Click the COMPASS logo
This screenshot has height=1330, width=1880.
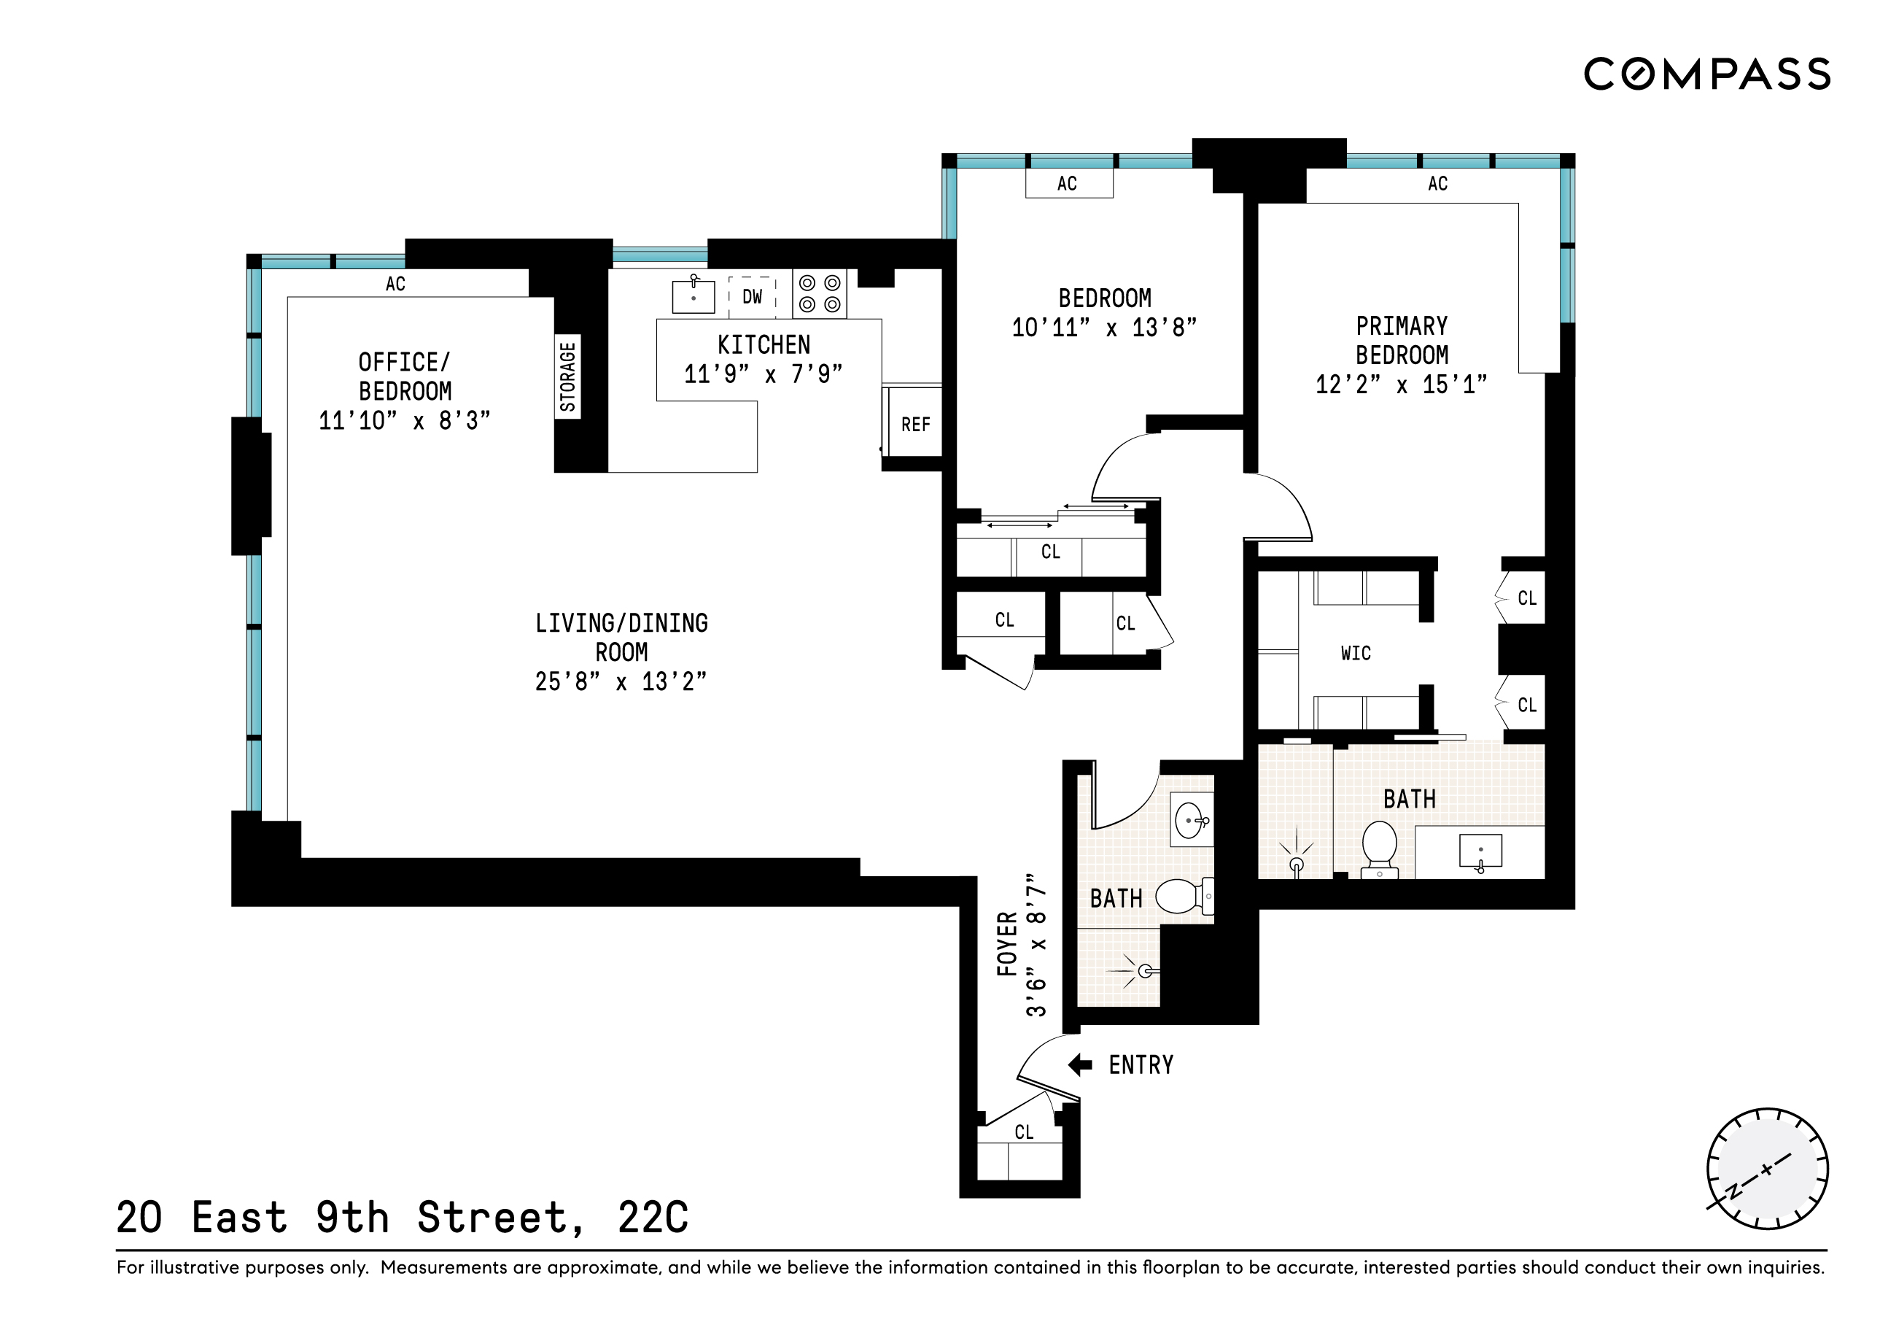tap(1706, 74)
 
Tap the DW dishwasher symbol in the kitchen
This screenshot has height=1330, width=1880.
tap(752, 296)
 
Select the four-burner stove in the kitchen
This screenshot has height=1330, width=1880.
tap(820, 294)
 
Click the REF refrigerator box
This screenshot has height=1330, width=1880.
tap(915, 424)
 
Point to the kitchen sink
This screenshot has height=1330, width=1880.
tap(693, 296)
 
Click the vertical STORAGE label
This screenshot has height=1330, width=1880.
tap(567, 376)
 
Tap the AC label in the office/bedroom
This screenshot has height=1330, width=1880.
tap(395, 285)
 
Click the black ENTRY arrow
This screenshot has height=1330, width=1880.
tap(1080, 1064)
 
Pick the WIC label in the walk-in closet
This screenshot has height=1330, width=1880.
tap(1356, 654)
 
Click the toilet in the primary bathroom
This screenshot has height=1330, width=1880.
tap(1380, 848)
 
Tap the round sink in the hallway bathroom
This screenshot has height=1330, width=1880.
tap(1189, 820)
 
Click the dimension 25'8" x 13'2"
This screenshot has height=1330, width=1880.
tap(621, 682)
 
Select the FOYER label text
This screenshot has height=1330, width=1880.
tap(1007, 943)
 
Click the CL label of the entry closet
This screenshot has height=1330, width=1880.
tap(1024, 1132)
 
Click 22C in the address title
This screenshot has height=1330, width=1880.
tap(653, 1218)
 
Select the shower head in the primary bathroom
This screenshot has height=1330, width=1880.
tap(1296, 864)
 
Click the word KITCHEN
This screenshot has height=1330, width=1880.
tap(764, 345)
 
